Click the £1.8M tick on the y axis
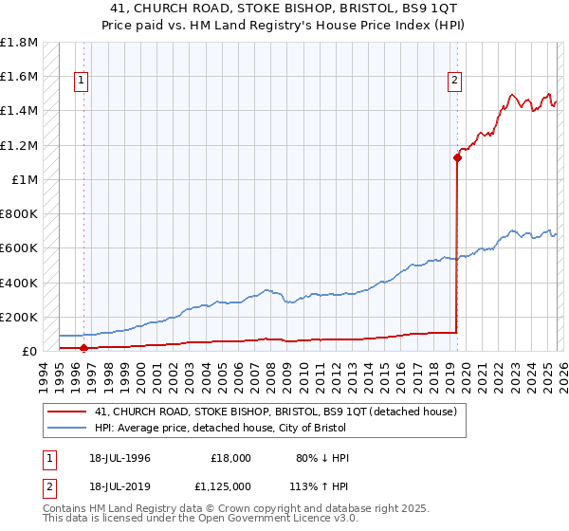[19, 43]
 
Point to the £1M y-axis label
[26, 179]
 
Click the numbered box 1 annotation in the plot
[83, 82]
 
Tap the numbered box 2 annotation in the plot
[455, 82]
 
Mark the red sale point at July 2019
[457, 158]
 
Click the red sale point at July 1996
[83, 348]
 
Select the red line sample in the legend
[68, 412]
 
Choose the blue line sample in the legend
[68, 427]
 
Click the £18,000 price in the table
[230, 458]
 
